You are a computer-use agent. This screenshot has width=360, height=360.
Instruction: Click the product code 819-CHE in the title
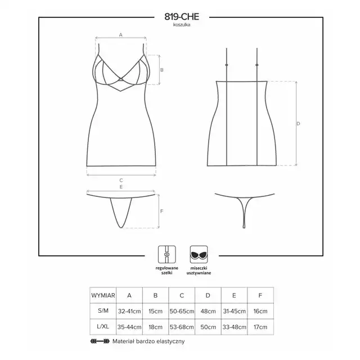point(182,17)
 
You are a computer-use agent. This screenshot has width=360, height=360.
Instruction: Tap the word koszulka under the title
point(182,25)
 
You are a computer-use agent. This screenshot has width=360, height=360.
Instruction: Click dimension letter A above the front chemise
point(121,35)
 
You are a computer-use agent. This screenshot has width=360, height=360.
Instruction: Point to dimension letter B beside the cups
point(162,70)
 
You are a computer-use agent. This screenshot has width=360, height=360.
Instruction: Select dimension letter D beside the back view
point(298,124)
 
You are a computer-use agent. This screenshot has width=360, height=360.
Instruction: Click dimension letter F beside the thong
point(161,211)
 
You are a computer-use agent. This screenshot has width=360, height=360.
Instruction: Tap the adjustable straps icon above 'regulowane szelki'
point(167,254)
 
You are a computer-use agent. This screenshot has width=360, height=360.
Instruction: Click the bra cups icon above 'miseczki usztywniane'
point(199,254)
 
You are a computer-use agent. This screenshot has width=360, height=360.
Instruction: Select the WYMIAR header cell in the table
point(103,295)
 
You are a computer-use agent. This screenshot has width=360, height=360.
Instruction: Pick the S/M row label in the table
point(103,311)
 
